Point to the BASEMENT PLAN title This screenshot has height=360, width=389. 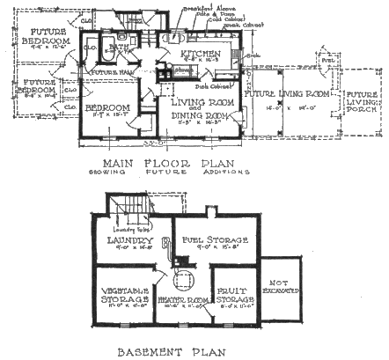171,351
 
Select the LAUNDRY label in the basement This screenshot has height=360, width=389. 130,240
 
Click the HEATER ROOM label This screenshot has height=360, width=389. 182,302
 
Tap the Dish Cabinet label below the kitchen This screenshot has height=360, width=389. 205,85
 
